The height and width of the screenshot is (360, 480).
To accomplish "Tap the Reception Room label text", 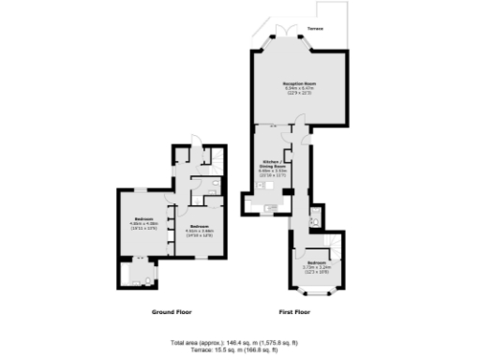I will tap(298, 83).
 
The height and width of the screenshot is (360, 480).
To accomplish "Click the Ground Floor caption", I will tap(172, 311).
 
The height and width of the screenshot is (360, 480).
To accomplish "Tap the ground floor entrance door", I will tap(191, 145).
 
